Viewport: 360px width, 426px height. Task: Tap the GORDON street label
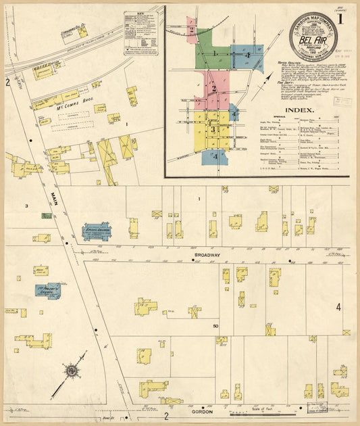coord(203,411)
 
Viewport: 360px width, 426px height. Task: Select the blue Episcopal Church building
coord(97,232)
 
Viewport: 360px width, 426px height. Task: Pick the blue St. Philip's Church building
coord(48,291)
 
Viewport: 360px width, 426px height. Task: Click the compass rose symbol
coord(71,371)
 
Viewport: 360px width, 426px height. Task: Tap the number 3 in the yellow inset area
coord(212,129)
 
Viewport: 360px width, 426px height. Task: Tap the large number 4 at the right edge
coord(338,308)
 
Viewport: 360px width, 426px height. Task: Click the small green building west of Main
coord(47,216)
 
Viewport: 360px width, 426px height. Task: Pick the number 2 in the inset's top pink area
coord(192,30)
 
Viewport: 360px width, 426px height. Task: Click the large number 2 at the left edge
coord(7,82)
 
